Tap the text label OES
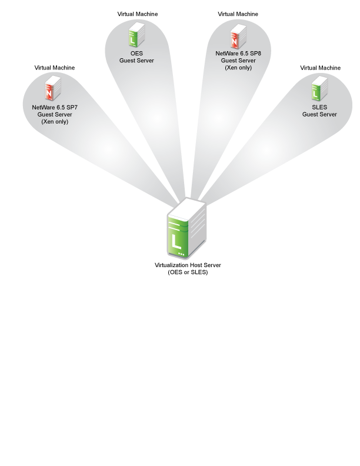coord(136,54)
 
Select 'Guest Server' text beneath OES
coord(136,61)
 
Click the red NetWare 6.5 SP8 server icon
coord(238,36)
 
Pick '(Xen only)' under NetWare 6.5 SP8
coord(238,68)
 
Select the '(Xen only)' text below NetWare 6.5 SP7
coord(55,122)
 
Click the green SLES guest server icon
coord(319,88)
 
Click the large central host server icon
coord(187,229)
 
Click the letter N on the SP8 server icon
coord(235,42)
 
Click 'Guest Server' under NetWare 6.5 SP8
coord(238,61)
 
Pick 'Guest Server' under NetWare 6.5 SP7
coord(55,115)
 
